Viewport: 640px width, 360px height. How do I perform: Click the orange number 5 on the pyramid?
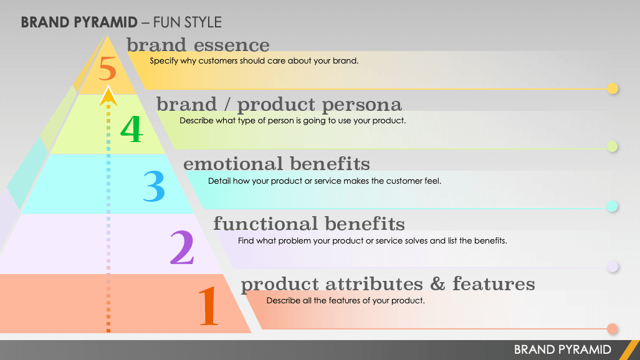point(108,69)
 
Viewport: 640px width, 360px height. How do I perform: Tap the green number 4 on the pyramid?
point(132,128)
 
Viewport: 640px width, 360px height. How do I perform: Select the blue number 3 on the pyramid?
point(154,186)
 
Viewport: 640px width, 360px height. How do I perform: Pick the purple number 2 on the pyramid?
point(182,247)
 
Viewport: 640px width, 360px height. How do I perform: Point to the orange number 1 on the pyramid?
point(209,306)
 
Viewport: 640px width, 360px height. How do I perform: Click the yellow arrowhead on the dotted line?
point(108,96)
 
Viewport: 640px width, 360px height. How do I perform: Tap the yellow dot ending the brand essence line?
point(612,88)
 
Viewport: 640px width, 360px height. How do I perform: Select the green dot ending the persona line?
point(612,146)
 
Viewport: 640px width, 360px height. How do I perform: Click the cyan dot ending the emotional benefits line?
point(612,206)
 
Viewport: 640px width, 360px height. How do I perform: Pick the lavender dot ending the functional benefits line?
point(612,267)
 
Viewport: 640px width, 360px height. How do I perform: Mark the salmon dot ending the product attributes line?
point(612,329)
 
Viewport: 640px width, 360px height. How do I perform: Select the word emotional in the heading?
point(232,164)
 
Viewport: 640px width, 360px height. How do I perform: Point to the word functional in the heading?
point(265,224)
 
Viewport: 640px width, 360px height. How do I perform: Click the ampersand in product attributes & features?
point(437,283)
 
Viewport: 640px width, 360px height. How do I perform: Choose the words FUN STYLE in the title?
point(188,22)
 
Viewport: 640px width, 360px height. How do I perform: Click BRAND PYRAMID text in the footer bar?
point(563,350)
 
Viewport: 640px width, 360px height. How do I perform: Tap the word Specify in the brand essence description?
point(164,61)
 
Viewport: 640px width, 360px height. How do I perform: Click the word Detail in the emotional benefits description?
point(219,181)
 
